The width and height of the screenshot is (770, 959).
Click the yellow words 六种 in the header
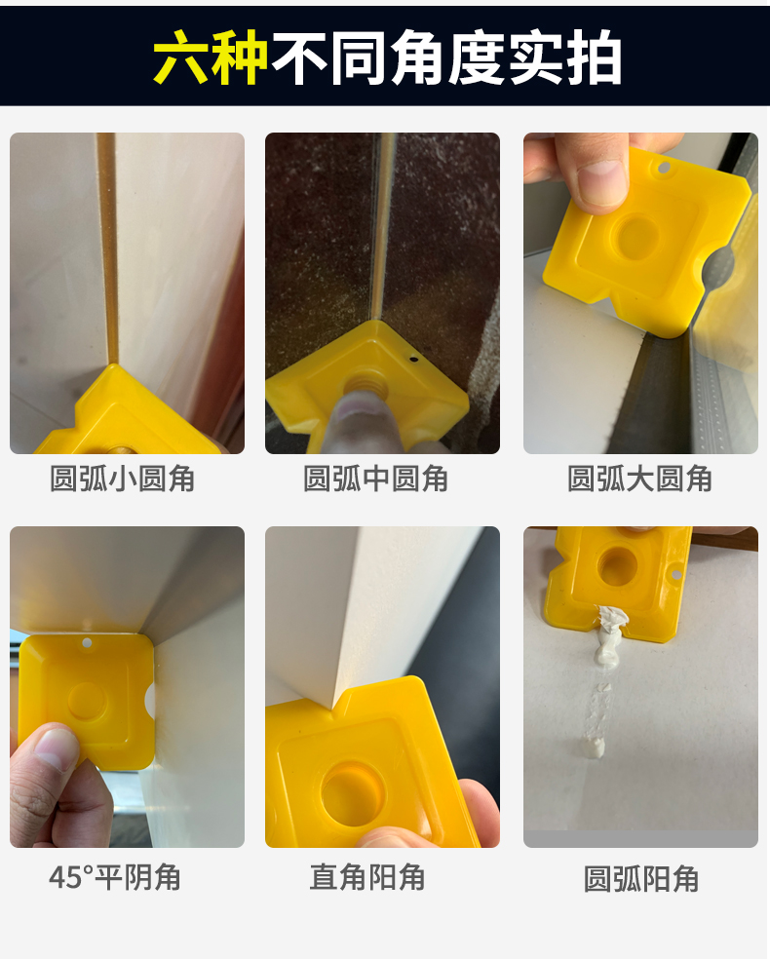(x=211, y=58)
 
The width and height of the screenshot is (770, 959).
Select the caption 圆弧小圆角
(x=123, y=479)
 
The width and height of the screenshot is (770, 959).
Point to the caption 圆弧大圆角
(x=640, y=479)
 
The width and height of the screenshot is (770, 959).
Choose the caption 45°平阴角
(x=115, y=878)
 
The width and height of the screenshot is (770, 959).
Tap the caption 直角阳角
(x=367, y=878)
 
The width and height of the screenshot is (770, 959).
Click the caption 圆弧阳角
(x=641, y=879)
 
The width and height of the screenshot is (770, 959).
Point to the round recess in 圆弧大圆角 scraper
(x=638, y=237)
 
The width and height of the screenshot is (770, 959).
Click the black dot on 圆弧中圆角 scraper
(x=414, y=359)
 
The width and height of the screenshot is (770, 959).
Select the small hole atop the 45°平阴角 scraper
(x=87, y=643)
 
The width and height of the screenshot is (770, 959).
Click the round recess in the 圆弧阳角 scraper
(x=617, y=566)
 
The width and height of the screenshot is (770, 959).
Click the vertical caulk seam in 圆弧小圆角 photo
(x=108, y=253)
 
